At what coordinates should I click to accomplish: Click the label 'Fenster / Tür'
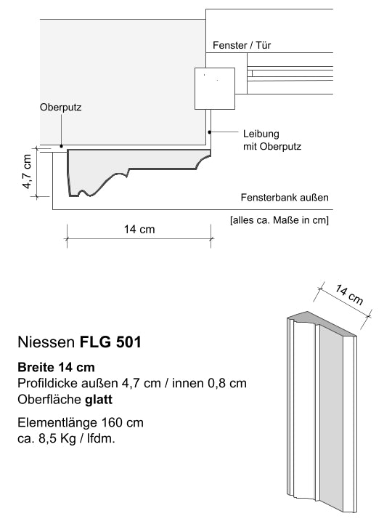(242, 46)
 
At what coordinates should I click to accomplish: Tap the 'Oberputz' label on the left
(60, 108)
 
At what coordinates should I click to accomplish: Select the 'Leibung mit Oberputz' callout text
(271, 140)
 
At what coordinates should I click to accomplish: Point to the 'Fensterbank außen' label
(285, 198)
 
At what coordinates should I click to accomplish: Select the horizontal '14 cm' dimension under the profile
(139, 230)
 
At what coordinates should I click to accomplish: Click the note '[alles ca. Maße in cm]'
(279, 220)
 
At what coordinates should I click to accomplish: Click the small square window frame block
(216, 89)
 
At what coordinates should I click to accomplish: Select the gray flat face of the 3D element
(335, 422)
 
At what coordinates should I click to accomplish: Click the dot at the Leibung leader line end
(210, 132)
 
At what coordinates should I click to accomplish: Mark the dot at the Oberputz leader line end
(62, 147)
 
